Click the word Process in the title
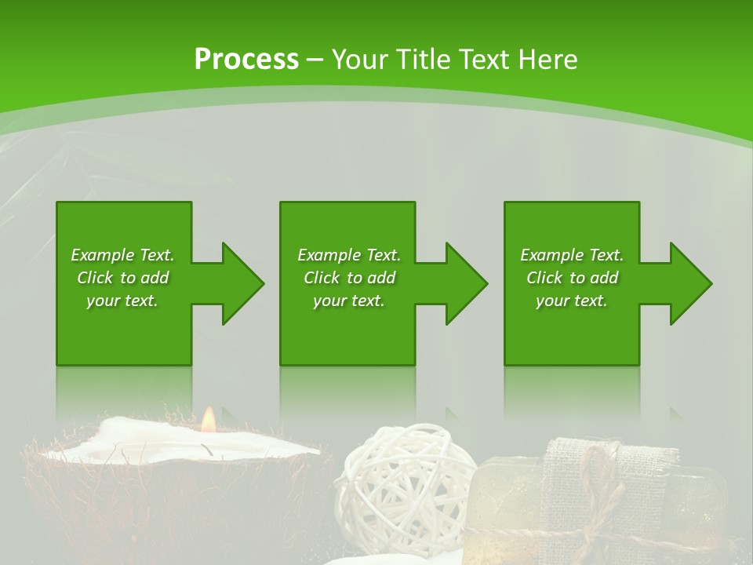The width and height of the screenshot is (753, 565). (246, 60)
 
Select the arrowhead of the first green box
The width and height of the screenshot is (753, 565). (242, 283)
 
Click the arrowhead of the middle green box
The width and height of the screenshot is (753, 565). (466, 283)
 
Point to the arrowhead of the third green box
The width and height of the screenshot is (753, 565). (690, 283)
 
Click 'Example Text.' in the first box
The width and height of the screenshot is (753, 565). (122, 255)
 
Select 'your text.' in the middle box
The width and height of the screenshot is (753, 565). (348, 301)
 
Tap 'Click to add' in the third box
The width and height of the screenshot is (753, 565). (572, 278)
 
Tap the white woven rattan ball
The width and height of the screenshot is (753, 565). (404, 479)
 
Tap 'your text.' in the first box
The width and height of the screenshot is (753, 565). (122, 301)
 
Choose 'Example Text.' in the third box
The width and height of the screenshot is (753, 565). (572, 255)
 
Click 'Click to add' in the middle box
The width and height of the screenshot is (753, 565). (348, 278)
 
